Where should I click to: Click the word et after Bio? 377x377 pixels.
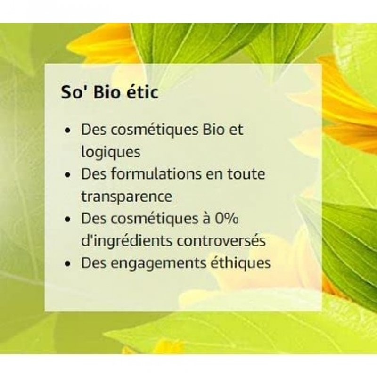[x=236, y=130]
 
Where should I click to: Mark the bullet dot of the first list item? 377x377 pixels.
[x=69, y=131]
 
